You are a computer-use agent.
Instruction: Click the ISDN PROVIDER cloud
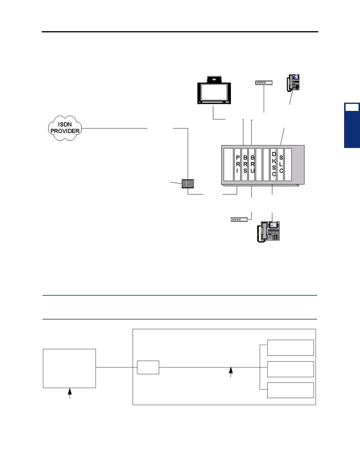click(x=65, y=128)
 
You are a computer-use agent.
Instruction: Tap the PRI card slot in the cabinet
click(x=238, y=164)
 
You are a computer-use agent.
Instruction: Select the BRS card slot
click(x=245, y=164)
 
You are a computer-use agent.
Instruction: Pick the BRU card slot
click(x=252, y=164)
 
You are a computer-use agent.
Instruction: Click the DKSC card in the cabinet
click(x=274, y=164)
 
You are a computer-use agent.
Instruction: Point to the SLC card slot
click(x=281, y=164)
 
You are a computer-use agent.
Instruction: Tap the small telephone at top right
click(x=294, y=83)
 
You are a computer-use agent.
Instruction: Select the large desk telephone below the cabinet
click(x=269, y=232)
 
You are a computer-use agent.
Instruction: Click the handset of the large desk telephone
click(x=262, y=232)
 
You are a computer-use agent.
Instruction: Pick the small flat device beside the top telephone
click(x=264, y=83)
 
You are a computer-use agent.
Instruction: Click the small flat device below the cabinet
click(x=239, y=219)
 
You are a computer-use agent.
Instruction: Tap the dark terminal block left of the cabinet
click(x=188, y=184)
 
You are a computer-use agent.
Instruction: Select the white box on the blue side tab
click(x=352, y=107)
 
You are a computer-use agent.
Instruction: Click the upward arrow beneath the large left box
click(x=70, y=393)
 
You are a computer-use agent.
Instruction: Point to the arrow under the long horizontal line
click(x=231, y=372)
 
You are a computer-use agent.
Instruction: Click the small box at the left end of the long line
click(x=148, y=367)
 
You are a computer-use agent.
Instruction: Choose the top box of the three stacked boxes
click(x=290, y=347)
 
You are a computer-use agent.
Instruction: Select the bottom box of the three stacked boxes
click(x=290, y=390)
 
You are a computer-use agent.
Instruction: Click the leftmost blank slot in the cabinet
click(x=228, y=164)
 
